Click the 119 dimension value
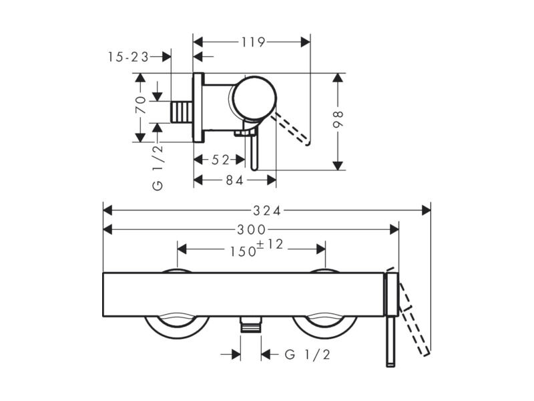pyautogui.click(x=253, y=42)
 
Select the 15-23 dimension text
pyautogui.click(x=128, y=57)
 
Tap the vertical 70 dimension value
pyautogui.click(x=141, y=104)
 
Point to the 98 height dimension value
pyautogui.click(x=338, y=119)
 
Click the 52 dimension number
pyautogui.click(x=220, y=160)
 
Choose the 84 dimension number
pyautogui.click(x=235, y=180)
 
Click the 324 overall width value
pyautogui.click(x=267, y=211)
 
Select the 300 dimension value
pyautogui.click(x=252, y=230)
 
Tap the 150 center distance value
pyautogui.click(x=243, y=251)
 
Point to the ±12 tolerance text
pyautogui.click(x=270, y=244)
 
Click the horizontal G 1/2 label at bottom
pyautogui.click(x=307, y=355)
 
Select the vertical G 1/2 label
pyautogui.click(x=158, y=168)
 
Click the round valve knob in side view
pyautogui.click(x=255, y=98)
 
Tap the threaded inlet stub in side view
pyautogui.click(x=182, y=112)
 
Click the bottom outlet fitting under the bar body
pyautogui.click(x=251, y=324)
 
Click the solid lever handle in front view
pyautogui.click(x=390, y=341)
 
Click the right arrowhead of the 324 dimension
pyautogui.click(x=426, y=211)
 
